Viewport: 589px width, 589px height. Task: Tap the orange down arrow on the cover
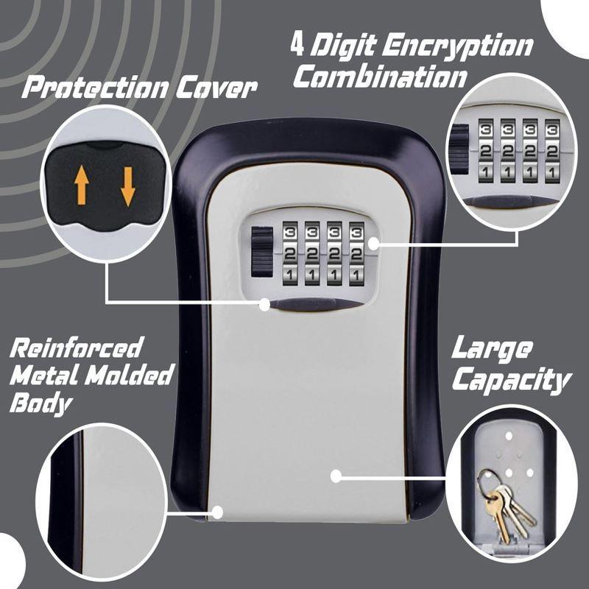[127, 185]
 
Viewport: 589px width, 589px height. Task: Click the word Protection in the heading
[95, 89]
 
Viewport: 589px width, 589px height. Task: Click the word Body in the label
[41, 403]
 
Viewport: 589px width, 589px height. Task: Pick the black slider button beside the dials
[261, 252]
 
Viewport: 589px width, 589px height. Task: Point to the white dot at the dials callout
[374, 242]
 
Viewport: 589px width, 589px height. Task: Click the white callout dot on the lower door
[336, 476]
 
